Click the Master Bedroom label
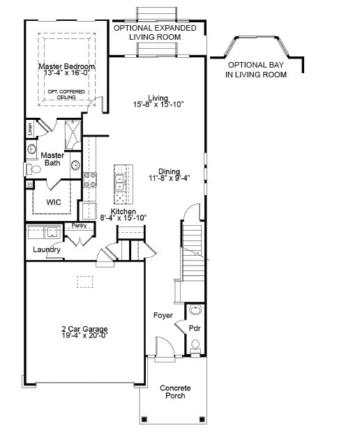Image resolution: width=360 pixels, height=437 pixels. pyautogui.click(x=67, y=66)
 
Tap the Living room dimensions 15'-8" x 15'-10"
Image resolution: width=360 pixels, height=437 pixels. pyautogui.click(x=158, y=105)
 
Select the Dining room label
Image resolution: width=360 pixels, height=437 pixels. pyautogui.click(x=169, y=171)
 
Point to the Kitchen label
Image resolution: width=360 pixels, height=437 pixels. pyautogui.click(x=123, y=211)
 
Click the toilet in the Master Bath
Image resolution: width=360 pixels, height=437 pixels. pyautogui.click(x=31, y=169)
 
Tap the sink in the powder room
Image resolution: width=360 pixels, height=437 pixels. pyautogui.click(x=195, y=309)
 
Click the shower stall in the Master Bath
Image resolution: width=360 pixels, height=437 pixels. pyautogui.click(x=73, y=135)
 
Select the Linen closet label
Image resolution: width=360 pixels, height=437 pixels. pyautogui.click(x=30, y=129)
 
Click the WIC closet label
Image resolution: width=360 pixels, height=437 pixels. pyautogui.click(x=54, y=202)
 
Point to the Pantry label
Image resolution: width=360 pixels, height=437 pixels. pyautogui.click(x=80, y=225)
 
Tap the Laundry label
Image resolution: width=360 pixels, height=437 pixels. pyautogui.click(x=47, y=250)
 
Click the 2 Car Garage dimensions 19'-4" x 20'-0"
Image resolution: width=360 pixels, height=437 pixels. pyautogui.click(x=85, y=335)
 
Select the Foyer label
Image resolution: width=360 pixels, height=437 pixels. pyautogui.click(x=163, y=315)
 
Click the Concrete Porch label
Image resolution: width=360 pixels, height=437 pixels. pyautogui.click(x=175, y=392)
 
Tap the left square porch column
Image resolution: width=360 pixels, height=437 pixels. pyautogui.click(x=144, y=419)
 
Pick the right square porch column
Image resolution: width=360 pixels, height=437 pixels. pyautogui.click(x=202, y=419)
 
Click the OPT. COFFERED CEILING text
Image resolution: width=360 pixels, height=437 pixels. pyautogui.click(x=66, y=95)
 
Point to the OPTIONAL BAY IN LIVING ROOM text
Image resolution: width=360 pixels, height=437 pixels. pyautogui.click(x=256, y=70)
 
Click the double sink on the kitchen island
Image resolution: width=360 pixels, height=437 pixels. pyautogui.click(x=121, y=183)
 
